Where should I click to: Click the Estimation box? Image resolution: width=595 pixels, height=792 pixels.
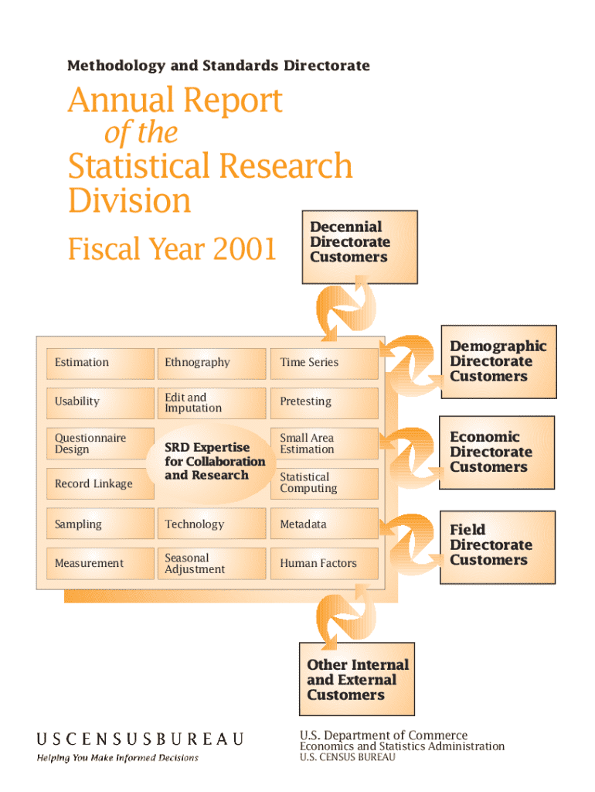click(x=100, y=364)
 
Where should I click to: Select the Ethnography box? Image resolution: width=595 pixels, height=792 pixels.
click(x=212, y=364)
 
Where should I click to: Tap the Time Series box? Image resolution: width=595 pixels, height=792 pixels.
click(x=324, y=364)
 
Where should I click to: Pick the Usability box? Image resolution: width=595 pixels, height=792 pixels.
click(x=100, y=402)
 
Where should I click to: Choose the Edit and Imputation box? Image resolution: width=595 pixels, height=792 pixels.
click(x=212, y=402)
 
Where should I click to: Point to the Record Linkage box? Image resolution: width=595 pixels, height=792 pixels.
click(x=100, y=483)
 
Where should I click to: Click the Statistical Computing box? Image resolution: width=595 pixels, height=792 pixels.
click(x=324, y=483)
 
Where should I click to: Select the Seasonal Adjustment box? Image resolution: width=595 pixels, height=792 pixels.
click(x=212, y=563)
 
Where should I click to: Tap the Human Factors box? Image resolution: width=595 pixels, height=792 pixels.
click(x=324, y=563)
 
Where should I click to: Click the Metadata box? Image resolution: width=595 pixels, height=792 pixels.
click(x=324, y=524)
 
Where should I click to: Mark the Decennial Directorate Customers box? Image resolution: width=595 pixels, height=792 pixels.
click(x=360, y=247)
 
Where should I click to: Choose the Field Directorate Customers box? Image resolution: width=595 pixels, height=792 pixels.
click(x=498, y=548)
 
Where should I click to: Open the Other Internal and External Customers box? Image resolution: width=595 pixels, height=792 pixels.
click(x=357, y=679)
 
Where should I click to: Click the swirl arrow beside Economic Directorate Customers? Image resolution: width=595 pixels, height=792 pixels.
click(x=410, y=457)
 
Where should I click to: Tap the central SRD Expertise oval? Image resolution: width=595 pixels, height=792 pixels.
click(x=212, y=463)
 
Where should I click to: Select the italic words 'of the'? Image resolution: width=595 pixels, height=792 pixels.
click(x=141, y=133)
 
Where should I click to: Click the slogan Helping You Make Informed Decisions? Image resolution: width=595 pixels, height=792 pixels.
click(x=117, y=758)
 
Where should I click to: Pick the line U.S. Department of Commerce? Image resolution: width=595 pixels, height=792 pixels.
click(x=383, y=735)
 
